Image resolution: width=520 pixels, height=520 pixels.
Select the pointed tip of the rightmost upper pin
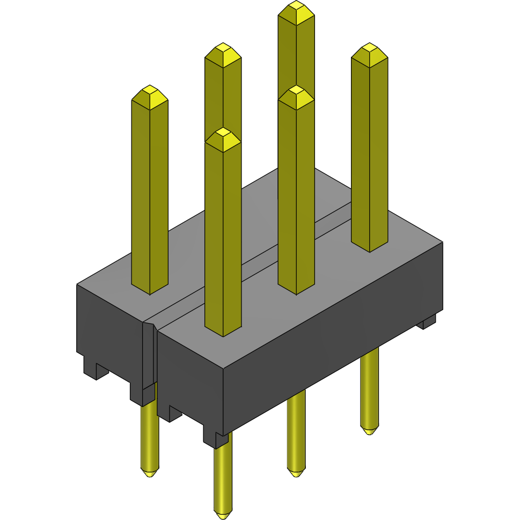pos(369,49)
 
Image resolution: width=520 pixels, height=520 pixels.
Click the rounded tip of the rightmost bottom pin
pos(369,430)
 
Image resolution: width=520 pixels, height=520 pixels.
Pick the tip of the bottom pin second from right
pos(295,473)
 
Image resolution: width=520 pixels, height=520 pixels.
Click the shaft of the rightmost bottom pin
pos(369,386)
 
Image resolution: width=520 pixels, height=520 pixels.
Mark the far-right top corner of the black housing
pos(443,242)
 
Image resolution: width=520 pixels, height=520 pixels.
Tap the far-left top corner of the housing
pos(77,284)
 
